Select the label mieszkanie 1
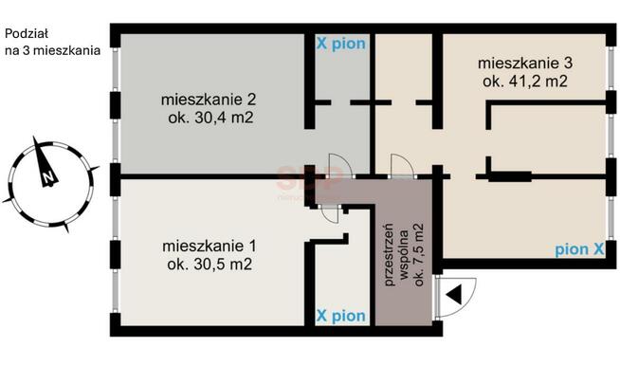point(209,247)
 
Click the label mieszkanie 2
point(210,100)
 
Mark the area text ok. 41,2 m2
point(524,82)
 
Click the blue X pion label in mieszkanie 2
point(340,45)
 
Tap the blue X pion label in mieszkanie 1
point(340,315)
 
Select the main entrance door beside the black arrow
point(437,296)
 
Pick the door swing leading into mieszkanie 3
point(402,166)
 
